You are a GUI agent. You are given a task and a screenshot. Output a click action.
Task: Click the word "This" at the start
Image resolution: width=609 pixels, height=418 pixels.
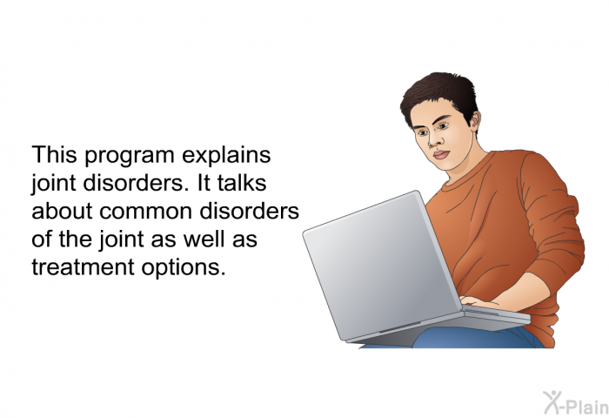coord(54,154)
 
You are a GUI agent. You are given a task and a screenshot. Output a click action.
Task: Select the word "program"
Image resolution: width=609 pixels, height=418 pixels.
coord(130,157)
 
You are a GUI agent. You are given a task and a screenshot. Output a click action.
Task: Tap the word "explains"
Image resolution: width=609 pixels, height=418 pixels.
coord(226,156)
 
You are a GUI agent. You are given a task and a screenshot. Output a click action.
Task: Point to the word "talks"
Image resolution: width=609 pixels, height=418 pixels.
coord(242,183)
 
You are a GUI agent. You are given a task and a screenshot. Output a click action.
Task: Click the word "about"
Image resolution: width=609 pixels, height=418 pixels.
coord(62,211)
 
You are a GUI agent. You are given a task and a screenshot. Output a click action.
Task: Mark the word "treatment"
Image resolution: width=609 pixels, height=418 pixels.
coord(83,267)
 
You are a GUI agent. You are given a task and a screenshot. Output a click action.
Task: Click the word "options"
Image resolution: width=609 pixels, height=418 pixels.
coord(183,268)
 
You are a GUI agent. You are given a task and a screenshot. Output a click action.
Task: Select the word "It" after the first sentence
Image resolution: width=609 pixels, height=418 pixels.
coord(204,183)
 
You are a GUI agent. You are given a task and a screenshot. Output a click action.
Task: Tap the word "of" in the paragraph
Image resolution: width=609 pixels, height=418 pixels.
coord(42,239)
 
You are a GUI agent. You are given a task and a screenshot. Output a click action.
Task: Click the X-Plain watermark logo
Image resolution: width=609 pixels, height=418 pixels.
coord(576,403)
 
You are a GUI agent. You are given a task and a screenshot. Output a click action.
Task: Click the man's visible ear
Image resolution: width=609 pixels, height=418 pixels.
coord(475,120)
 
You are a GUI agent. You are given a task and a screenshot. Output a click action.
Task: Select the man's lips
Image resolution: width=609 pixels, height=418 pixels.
coord(441,154)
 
